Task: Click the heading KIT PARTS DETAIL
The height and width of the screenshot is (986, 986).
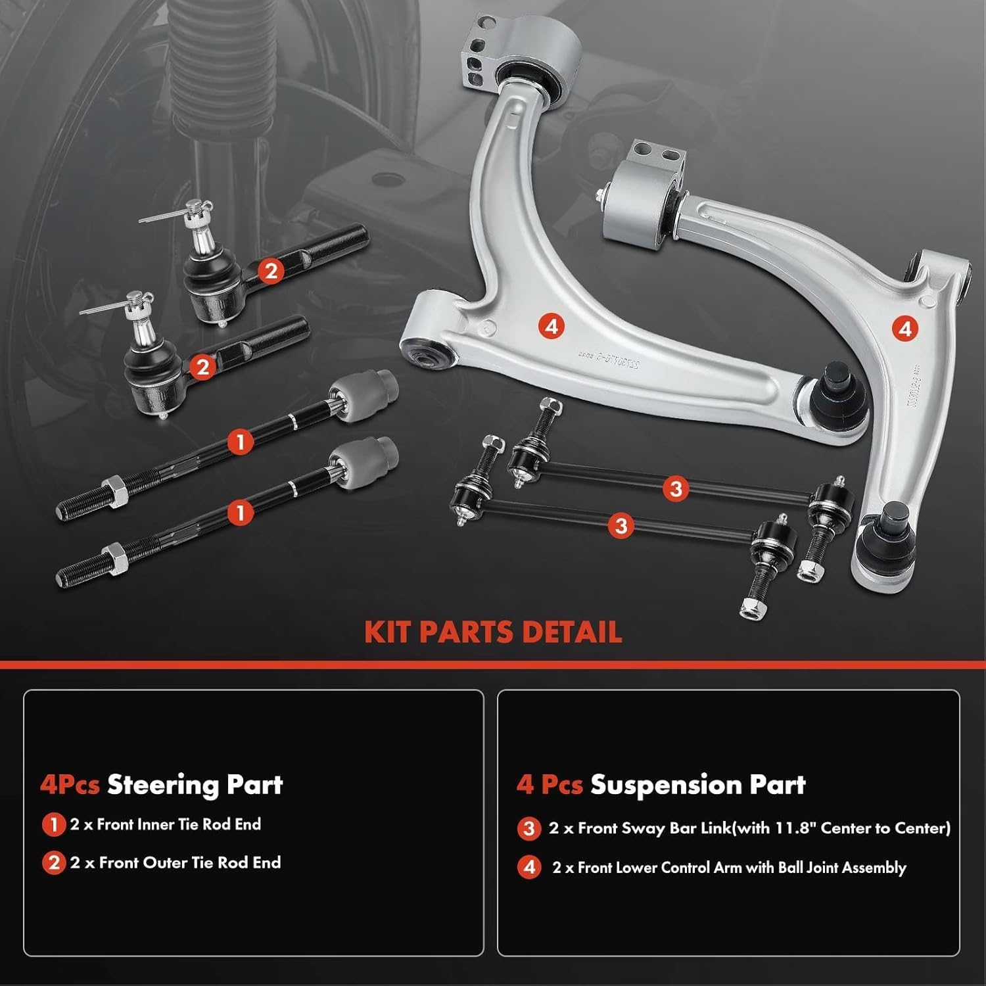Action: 492,632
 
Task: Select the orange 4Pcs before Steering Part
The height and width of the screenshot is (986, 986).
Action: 69,785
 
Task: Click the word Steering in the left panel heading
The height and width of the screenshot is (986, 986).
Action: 162,785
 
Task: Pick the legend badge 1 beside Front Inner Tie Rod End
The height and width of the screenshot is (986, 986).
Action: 53,825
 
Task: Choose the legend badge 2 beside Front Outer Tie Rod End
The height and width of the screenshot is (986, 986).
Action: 53,863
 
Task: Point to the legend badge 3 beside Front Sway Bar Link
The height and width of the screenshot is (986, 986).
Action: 529,829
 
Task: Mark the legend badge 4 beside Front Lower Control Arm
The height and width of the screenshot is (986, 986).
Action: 529,868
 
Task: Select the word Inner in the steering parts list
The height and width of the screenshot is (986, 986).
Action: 155,824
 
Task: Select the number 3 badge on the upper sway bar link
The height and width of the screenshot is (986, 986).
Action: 676,488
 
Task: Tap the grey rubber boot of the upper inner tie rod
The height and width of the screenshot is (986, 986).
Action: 363,398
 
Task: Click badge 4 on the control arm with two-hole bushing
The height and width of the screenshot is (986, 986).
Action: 905,328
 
